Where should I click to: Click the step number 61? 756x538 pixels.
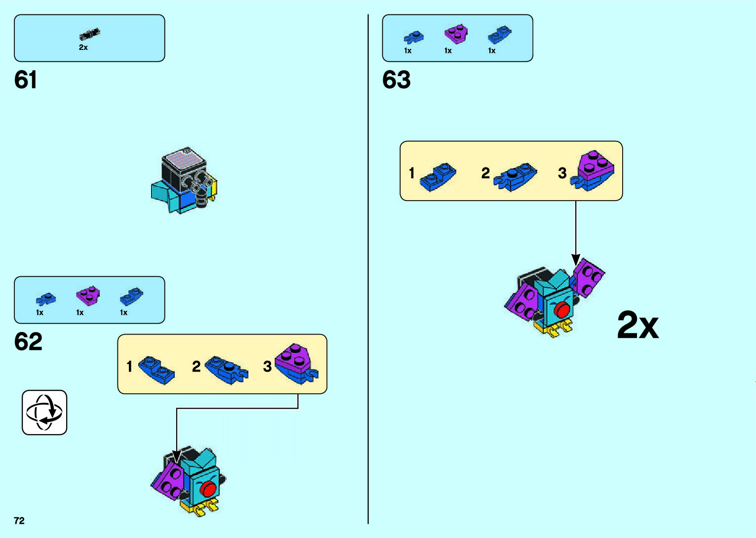(26, 80)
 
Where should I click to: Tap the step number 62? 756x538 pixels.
(28, 341)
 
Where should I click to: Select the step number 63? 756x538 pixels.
(396, 80)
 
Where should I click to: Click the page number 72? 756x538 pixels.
(19, 521)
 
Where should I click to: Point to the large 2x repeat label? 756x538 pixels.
(637, 325)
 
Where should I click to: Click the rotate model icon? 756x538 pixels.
(44, 413)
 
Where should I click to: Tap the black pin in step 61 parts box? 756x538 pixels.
(89, 35)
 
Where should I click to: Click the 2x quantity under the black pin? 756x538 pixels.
(83, 47)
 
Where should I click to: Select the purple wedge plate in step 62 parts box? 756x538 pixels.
(87, 295)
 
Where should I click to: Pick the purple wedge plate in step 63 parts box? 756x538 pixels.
(456, 34)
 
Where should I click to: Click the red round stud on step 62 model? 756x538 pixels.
(208, 489)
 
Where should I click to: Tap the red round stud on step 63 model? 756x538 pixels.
(562, 310)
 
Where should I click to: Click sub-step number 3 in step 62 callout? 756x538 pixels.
(267, 367)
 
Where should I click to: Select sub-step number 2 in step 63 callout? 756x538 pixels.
(485, 173)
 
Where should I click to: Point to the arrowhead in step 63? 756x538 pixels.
(576, 260)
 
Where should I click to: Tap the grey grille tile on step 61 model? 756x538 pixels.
(185, 161)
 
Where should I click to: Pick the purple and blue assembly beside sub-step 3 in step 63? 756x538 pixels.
(593, 171)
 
